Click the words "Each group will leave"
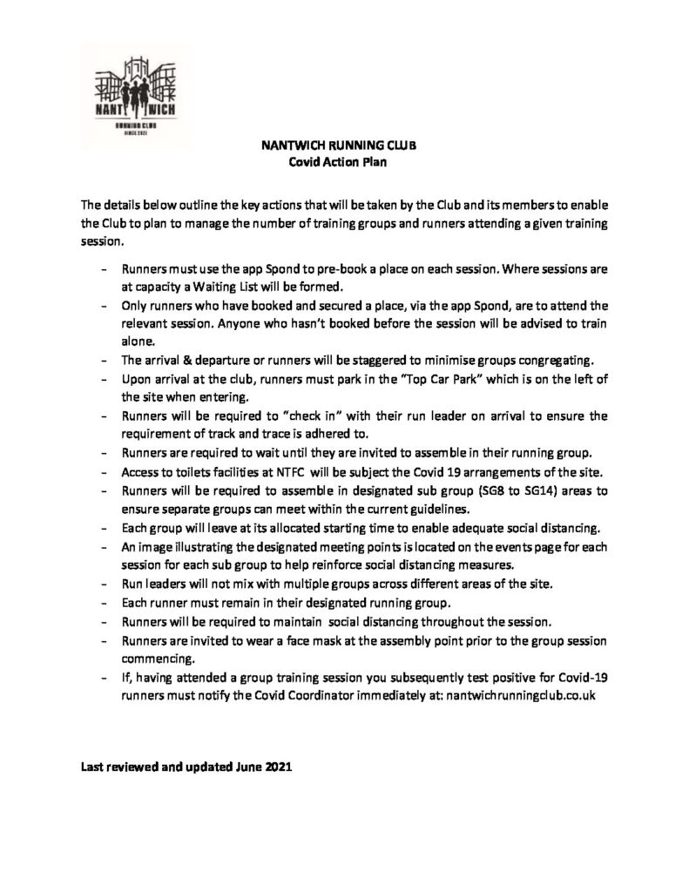pyautogui.click(x=177, y=526)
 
